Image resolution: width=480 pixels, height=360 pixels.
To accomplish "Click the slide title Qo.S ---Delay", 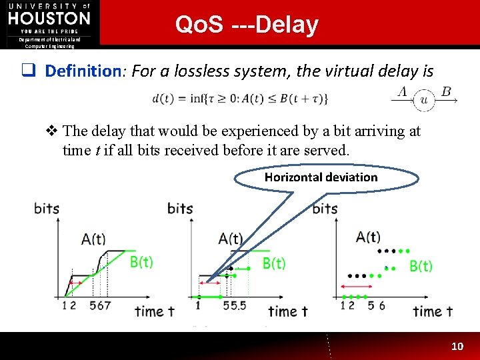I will tap(247, 25).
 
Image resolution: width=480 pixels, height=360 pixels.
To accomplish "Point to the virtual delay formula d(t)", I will tap(240, 99).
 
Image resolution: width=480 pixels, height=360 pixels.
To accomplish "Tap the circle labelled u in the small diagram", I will tap(423, 101).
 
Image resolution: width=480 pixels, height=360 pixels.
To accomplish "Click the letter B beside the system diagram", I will tap(446, 91).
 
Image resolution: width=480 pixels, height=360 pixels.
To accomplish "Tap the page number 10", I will tap(457, 346).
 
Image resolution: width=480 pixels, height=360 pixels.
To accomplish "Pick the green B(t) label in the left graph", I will tap(141, 262).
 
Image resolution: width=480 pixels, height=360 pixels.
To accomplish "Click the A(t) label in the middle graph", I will tap(231, 239).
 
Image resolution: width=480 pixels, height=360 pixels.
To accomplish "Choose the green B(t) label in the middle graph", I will tap(274, 263).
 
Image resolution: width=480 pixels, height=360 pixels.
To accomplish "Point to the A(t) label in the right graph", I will tap(368, 237).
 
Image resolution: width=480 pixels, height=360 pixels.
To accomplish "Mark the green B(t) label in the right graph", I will tap(420, 266).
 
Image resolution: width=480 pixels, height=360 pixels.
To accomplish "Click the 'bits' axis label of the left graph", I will tap(47, 209).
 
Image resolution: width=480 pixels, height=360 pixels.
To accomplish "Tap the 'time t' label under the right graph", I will tap(433, 311).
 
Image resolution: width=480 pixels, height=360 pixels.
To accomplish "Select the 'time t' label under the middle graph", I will tap(288, 311).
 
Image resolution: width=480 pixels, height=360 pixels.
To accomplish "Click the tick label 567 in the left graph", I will tap(100, 305).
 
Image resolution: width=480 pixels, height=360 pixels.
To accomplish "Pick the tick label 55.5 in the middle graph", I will tap(235, 305).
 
